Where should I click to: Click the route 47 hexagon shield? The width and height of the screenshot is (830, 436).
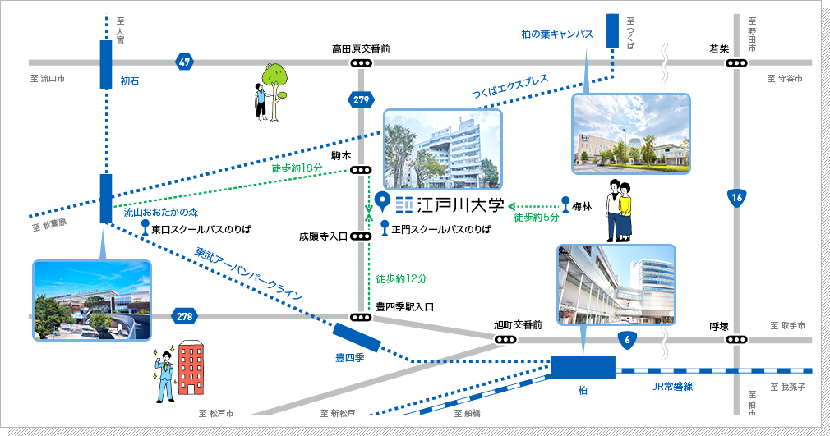point(184,62)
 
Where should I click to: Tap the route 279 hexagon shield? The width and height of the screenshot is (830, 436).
point(360,99)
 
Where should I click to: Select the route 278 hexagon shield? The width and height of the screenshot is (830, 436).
point(184,316)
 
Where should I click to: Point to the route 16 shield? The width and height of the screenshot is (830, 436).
point(737,197)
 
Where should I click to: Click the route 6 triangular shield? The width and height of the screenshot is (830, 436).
point(628,339)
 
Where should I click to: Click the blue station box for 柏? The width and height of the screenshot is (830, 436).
point(583,367)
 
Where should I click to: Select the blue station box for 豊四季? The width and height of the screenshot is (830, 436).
point(357,337)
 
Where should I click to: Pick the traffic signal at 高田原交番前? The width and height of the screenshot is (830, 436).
point(360,63)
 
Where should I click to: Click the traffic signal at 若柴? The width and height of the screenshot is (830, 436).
point(737,63)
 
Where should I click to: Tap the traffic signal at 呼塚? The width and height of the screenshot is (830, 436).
point(737,339)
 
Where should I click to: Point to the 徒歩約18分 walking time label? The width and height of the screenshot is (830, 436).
point(297,168)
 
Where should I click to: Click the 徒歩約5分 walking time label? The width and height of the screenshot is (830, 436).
point(536,218)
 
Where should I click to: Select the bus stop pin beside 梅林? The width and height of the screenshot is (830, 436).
point(565,204)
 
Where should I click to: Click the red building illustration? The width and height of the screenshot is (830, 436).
point(191,371)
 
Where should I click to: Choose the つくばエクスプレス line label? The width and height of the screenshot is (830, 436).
point(510,91)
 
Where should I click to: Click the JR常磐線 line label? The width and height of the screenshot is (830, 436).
point(673,385)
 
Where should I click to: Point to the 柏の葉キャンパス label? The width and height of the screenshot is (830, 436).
point(557,34)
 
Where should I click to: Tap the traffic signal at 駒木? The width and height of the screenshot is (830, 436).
point(360,170)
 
